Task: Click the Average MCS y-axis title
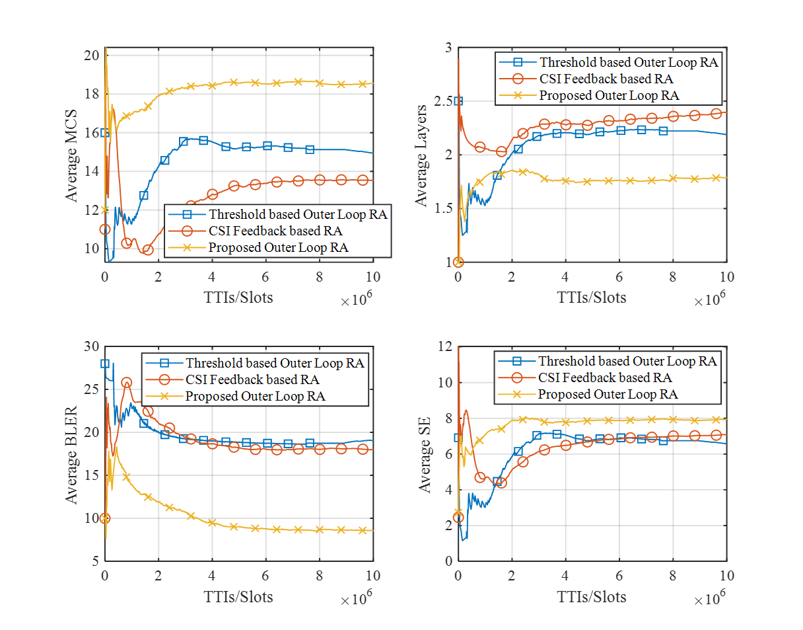(71, 156)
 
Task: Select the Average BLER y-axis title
(71, 454)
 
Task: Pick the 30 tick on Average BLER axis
(91, 346)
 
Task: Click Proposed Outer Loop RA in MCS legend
(278, 248)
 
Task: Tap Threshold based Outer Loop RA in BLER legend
(275, 363)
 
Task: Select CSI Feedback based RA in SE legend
(605, 377)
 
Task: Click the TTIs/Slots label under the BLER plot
(238, 596)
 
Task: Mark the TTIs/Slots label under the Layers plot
(592, 297)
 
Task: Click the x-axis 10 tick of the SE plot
(726, 574)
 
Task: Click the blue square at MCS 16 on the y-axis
(105, 133)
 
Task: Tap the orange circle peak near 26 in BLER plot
(127, 383)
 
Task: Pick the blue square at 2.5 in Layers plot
(458, 101)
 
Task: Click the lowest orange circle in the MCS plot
(148, 250)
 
